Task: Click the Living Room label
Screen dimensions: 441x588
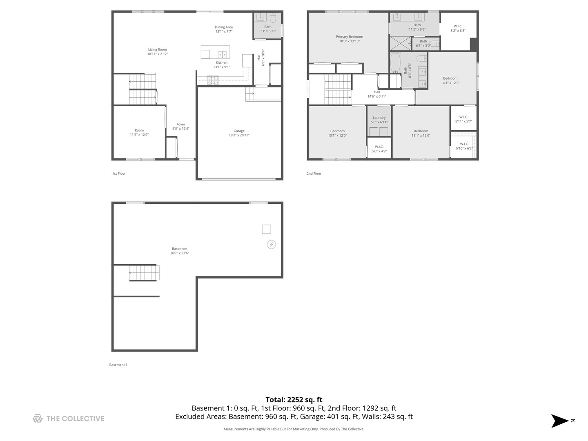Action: click(157, 51)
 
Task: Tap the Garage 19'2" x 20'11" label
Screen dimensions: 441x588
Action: click(239, 133)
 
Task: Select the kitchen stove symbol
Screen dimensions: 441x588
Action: click(212, 80)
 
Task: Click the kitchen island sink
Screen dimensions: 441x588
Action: click(223, 54)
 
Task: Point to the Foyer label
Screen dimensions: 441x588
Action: click(180, 126)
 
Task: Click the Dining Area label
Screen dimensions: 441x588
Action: click(224, 29)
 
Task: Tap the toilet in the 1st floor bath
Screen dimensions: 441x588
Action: click(273, 18)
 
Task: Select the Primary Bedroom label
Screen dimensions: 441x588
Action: click(349, 39)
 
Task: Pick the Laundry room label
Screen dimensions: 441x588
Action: click(379, 120)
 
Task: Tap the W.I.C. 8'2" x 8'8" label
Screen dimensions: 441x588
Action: click(458, 28)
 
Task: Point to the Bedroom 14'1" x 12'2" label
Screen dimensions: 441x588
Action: click(450, 80)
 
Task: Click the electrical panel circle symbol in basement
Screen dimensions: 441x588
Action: click(271, 245)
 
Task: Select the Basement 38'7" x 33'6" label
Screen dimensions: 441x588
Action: click(180, 251)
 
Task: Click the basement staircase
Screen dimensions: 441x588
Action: click(144, 273)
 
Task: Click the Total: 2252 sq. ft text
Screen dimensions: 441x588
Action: click(294, 400)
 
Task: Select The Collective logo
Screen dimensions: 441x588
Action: click(69, 419)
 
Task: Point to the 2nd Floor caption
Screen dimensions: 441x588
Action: click(314, 174)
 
